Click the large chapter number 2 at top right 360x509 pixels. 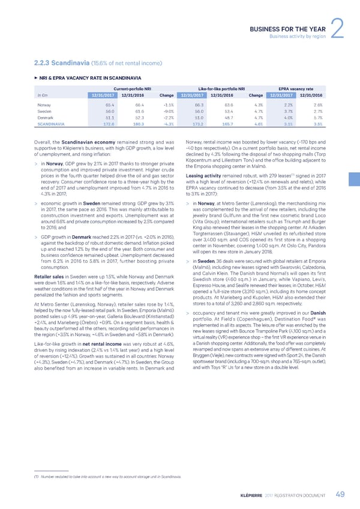pyautogui.click(x=337, y=22)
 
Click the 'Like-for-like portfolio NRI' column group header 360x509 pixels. pyautogui.click(x=216, y=88)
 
